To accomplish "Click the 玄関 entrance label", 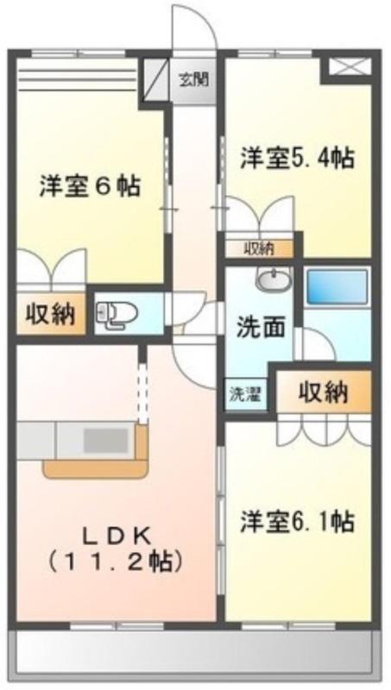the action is [x=193, y=79].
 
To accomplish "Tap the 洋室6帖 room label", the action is [x=90, y=186].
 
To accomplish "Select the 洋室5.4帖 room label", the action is [x=297, y=158].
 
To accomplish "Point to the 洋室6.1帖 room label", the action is [x=297, y=522].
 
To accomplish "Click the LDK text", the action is [x=117, y=536].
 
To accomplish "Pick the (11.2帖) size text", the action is [x=116, y=561].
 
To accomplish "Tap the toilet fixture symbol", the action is [x=117, y=314].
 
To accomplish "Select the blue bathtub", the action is [x=337, y=287].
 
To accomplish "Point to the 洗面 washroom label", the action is [x=259, y=328].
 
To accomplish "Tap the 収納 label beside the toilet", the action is [x=50, y=314].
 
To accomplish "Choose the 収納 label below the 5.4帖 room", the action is [x=259, y=249].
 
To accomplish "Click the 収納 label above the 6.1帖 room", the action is [x=324, y=392].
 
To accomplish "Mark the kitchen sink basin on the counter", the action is [x=106, y=441].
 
